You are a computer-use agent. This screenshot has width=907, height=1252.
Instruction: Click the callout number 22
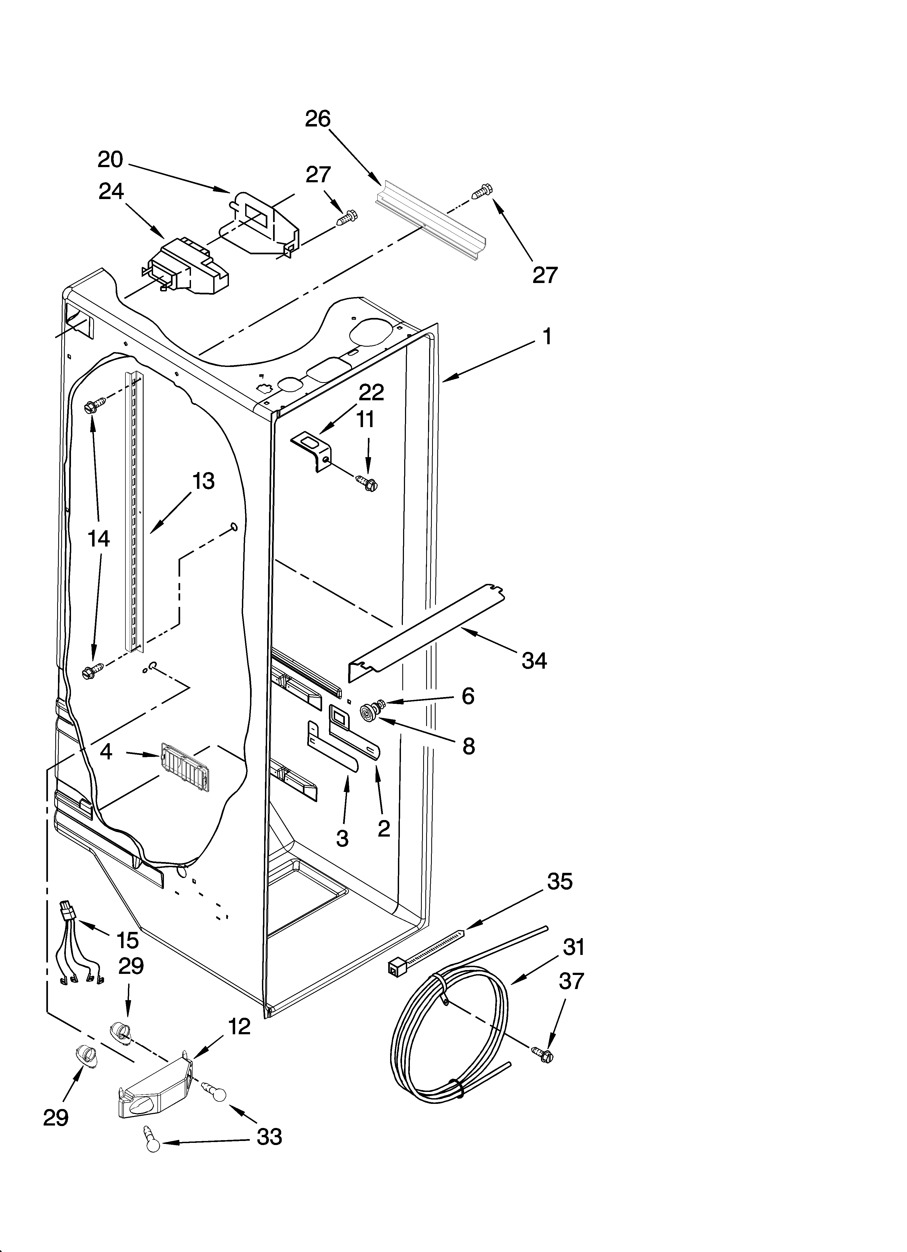[x=371, y=392]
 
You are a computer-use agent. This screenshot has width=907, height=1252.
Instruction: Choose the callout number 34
[x=534, y=660]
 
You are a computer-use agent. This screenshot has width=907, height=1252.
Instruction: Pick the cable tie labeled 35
[x=425, y=948]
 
